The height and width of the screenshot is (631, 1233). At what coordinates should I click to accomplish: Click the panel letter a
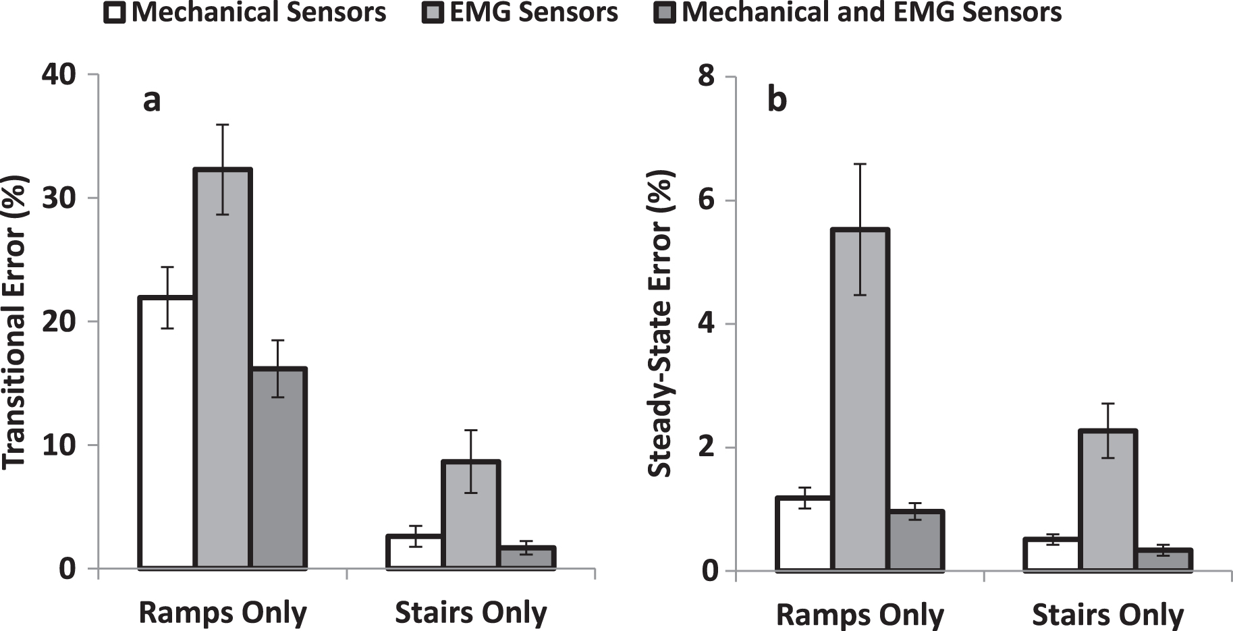[x=152, y=101]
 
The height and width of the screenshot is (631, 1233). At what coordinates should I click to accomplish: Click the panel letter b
[x=777, y=101]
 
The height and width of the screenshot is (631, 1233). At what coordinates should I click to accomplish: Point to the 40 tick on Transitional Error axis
[x=59, y=74]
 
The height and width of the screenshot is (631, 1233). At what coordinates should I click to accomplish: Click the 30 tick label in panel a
[x=59, y=198]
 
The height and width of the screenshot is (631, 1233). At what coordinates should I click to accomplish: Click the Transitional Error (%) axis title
[x=15, y=322]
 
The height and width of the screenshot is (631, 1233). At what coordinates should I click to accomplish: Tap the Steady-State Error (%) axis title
[x=661, y=324]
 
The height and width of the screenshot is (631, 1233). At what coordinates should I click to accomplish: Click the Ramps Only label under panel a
[x=223, y=613]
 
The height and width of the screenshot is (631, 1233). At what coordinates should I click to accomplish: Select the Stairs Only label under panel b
[x=1107, y=615]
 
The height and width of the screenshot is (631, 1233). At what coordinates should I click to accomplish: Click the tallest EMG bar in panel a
[x=223, y=371]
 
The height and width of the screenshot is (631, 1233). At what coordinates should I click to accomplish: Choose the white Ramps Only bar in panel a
[x=167, y=432]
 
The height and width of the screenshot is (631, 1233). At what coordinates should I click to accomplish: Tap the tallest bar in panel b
[x=860, y=405]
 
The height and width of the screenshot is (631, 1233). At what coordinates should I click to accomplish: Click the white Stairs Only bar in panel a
[x=414, y=552]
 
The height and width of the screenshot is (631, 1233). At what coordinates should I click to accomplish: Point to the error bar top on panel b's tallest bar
[x=860, y=164]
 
